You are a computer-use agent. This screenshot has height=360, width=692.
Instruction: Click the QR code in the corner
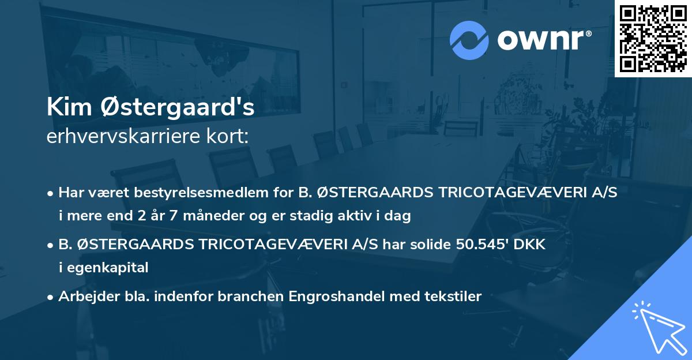point(653,38)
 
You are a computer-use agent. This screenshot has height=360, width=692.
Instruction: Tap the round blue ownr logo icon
point(469,40)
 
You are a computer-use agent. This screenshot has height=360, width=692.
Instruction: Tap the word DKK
point(532,244)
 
